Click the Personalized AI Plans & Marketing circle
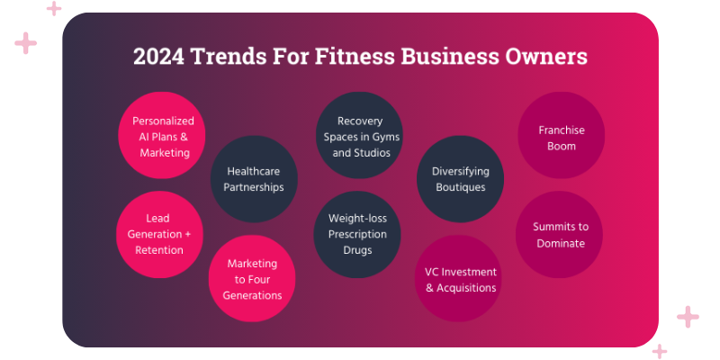click(164, 136)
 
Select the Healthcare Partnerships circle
click(255, 178)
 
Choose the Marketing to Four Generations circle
click(253, 279)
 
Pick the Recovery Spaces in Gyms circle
click(360, 136)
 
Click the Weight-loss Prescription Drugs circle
click(357, 234)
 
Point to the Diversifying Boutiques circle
click(460, 178)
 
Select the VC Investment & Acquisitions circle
click(460, 279)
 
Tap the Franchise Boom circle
click(562, 136)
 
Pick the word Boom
click(562, 146)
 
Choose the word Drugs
click(357, 250)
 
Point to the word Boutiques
click(460, 187)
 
